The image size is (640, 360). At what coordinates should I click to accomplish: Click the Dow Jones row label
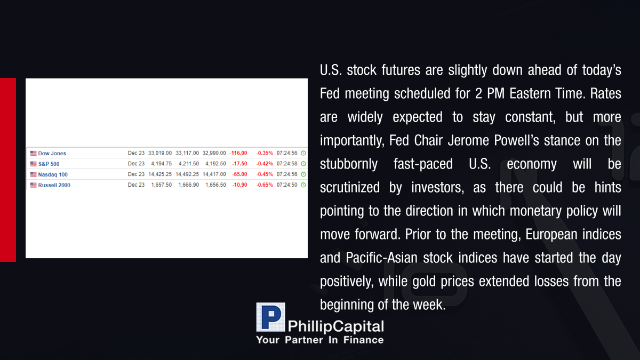52,154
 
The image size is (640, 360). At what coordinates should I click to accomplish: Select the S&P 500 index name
49,164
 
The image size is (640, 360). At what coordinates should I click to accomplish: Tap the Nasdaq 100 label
53,174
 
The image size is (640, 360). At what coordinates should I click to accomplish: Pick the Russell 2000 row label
54,185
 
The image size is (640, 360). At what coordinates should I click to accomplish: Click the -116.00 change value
238,153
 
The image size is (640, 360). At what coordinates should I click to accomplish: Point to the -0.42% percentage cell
265,164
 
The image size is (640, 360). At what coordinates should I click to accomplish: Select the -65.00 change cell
239,174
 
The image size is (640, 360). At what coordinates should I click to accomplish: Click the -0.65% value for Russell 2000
265,185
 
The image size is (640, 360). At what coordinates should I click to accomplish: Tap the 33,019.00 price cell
159,153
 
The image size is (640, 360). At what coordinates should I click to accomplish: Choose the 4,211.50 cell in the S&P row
189,164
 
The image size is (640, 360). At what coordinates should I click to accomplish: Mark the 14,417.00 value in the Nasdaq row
214,174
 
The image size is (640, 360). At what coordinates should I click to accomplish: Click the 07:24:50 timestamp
287,185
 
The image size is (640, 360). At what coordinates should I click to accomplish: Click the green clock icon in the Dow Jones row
303,153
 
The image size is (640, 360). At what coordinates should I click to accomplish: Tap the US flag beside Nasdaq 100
34,174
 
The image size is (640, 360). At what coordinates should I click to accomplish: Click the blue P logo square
270,317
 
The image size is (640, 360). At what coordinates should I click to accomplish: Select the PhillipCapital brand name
335,326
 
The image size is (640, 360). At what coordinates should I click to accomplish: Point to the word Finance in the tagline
363,340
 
